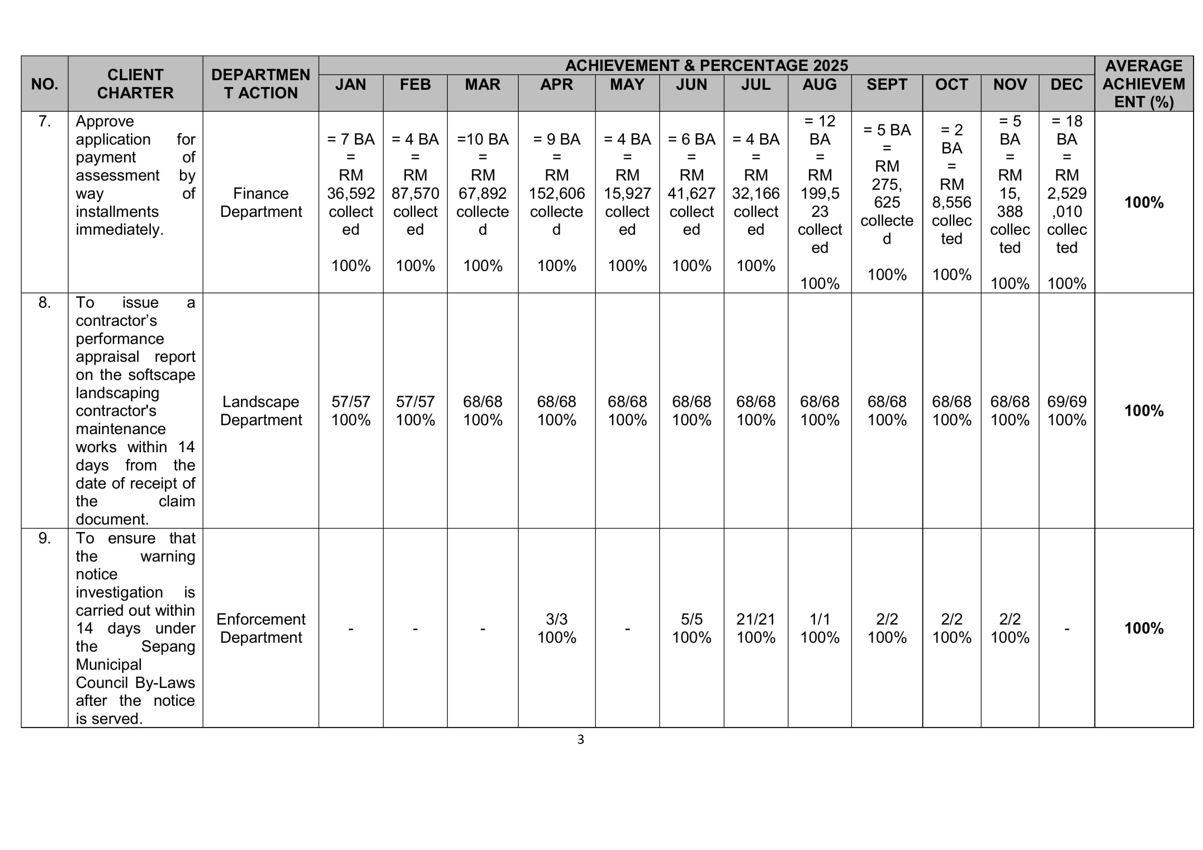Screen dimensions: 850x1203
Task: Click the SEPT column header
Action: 887,85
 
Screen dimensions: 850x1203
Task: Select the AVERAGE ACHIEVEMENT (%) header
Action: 1143,84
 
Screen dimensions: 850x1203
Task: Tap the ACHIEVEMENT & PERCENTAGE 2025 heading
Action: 706,65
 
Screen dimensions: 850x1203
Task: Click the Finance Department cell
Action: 260,202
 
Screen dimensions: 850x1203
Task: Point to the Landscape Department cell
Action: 260,410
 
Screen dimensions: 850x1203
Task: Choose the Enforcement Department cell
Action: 260,628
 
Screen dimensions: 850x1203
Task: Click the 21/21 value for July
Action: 755,619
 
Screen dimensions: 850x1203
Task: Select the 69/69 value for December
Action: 1066,402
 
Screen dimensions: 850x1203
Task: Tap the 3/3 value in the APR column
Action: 556,619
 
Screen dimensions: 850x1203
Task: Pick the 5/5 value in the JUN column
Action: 691,619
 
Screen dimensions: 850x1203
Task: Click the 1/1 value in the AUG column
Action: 820,619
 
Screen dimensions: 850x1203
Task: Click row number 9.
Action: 45,538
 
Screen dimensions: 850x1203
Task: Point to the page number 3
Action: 580,740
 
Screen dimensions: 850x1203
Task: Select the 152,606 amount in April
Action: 556,193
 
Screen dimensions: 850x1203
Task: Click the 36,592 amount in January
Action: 351,193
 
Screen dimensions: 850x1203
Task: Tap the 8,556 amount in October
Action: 952,202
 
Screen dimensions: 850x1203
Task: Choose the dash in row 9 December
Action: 1066,628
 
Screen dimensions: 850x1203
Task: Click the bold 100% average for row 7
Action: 1143,202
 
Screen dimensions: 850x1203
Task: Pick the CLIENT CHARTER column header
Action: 135,84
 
